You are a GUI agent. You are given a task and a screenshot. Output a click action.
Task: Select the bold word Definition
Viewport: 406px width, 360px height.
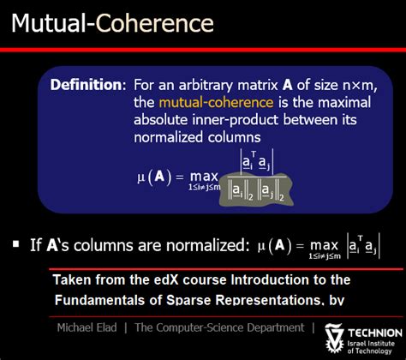pyautogui.click(x=87, y=85)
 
